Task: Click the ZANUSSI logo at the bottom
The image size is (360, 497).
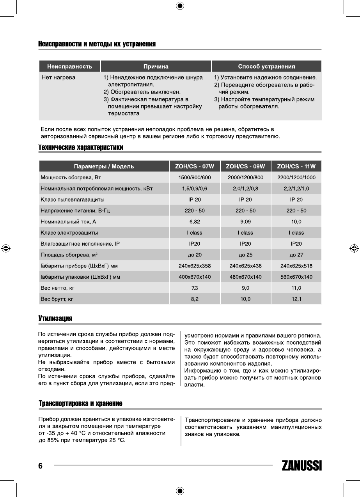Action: (301, 466)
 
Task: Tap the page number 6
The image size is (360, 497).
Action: (40, 466)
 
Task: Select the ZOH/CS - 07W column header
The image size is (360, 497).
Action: (195, 166)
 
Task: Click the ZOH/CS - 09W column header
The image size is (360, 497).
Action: (245, 166)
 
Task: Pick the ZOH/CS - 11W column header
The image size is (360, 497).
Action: (296, 166)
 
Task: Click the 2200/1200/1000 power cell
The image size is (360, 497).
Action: (296, 178)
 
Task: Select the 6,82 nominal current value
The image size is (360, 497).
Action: (195, 222)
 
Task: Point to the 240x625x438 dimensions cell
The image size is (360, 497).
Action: (245, 266)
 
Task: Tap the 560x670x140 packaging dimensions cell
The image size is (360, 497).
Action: (296, 277)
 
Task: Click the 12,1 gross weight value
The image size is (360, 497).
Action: (296, 299)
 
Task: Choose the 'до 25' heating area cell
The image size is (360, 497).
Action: (245, 255)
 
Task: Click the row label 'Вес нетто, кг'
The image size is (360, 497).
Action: (57, 288)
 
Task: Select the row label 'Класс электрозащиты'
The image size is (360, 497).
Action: (69, 233)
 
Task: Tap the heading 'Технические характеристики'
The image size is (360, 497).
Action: (81, 147)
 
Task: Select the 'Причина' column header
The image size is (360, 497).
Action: (156, 66)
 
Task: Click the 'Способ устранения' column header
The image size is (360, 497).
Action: (266, 66)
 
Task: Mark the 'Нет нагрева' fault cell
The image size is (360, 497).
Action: (59, 78)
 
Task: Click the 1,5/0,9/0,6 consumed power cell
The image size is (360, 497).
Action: (195, 189)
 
